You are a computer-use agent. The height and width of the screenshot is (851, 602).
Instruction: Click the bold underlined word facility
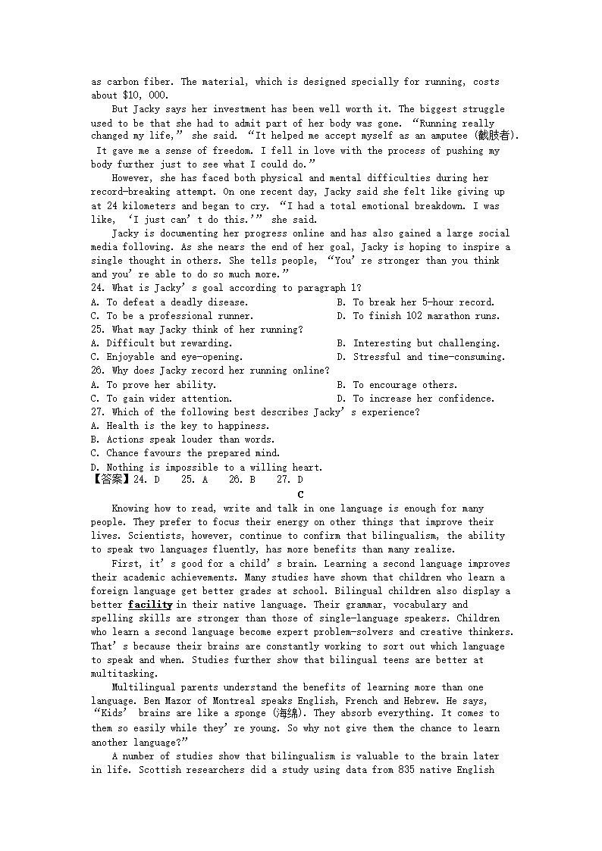[x=149, y=605]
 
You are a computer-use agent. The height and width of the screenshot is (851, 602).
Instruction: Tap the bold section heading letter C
[x=301, y=494]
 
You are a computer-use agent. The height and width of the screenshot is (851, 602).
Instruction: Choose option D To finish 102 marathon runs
[x=419, y=316]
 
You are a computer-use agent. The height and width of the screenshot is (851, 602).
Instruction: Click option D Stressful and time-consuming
[x=421, y=357]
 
